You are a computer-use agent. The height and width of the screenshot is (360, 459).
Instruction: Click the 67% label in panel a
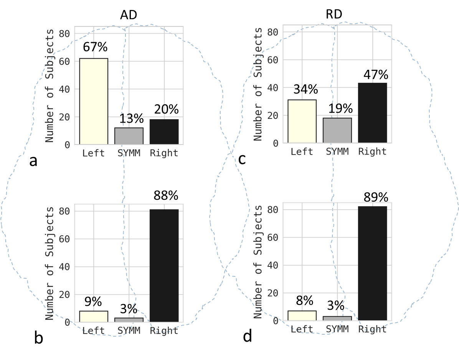[x=94, y=48]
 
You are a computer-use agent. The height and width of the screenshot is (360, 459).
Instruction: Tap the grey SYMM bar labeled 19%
[x=337, y=130]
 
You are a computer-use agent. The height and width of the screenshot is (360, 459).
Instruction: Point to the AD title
[x=129, y=15]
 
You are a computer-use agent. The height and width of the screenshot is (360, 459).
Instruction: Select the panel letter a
[x=33, y=161]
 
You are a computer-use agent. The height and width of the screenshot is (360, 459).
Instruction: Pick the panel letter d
[x=248, y=336]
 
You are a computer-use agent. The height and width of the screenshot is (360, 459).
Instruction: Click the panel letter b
[x=38, y=338]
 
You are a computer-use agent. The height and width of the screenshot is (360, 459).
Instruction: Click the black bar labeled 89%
[x=372, y=263]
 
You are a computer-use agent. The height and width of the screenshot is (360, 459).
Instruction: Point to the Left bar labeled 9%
[x=94, y=316]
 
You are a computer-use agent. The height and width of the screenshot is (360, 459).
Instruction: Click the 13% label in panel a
[x=129, y=119]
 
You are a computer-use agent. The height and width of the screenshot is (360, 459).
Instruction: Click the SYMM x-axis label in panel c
[x=337, y=151]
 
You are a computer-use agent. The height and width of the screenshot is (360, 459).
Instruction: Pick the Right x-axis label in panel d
[x=372, y=329]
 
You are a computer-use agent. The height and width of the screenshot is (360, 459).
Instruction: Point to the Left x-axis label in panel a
[x=94, y=153]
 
